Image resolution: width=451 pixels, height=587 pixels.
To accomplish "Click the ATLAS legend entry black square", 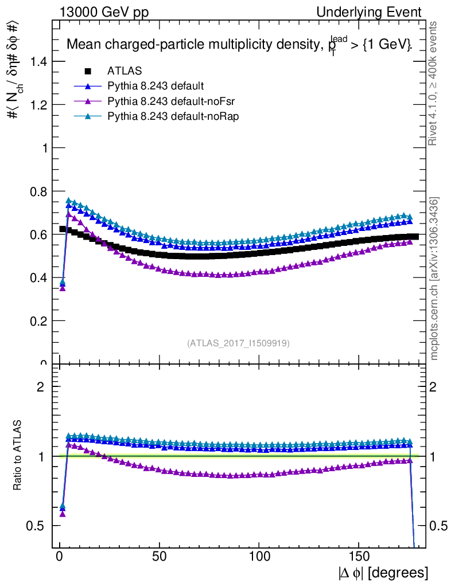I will pos(88,72).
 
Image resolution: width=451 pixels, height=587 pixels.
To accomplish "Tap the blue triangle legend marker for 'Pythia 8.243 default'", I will pos(88,87).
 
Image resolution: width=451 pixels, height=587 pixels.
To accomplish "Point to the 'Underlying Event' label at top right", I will pos(377,13).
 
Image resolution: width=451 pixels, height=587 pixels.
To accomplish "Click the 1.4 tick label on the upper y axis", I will pos(37,61).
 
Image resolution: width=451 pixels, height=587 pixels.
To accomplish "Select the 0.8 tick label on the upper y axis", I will pos(37,191).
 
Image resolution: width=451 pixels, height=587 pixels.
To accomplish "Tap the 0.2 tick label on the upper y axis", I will pos(37,321).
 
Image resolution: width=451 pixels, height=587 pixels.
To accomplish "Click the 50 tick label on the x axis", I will pos(160,557).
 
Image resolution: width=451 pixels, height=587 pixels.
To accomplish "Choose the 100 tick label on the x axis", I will pos(259,557).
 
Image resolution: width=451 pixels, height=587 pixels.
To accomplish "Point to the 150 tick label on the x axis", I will pos(359,557).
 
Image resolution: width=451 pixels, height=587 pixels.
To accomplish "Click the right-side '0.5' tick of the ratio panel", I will pos(438,526).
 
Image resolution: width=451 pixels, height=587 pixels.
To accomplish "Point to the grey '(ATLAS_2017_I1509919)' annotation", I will pos(238,343).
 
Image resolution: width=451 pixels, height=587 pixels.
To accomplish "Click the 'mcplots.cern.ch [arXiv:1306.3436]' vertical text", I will pos(434,279).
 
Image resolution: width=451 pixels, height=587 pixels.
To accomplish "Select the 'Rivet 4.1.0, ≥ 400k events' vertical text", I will pos(434,83).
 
